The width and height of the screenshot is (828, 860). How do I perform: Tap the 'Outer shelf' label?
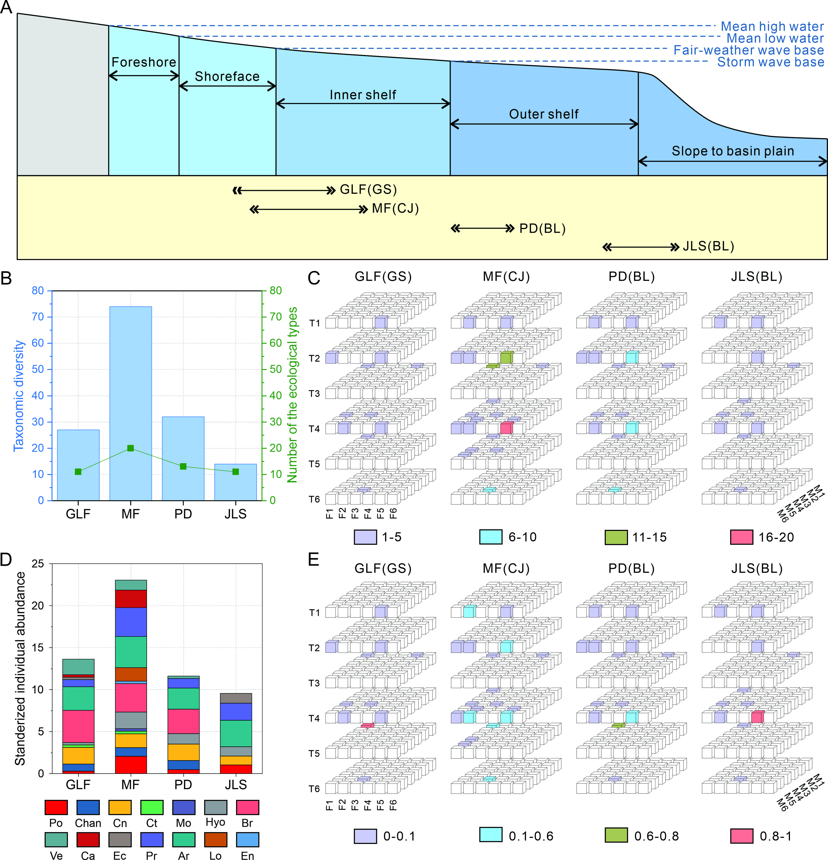(543, 114)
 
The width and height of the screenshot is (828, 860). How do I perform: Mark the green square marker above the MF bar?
(130, 448)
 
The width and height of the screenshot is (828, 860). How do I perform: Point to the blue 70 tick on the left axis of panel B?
(38, 317)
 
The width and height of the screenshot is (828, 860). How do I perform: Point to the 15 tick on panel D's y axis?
(38, 648)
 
